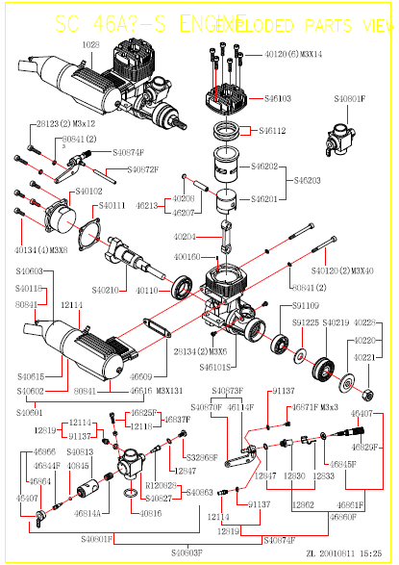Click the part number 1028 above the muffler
[x=90, y=44]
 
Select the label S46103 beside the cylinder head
[x=279, y=99]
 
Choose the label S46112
[x=279, y=130]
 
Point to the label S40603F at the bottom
[x=187, y=552]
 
